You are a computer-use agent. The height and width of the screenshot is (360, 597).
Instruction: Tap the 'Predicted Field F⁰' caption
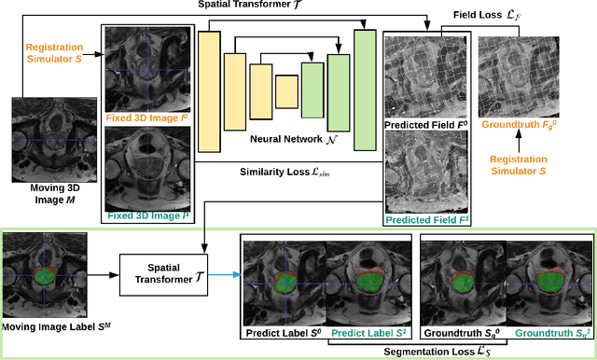[x=425, y=125]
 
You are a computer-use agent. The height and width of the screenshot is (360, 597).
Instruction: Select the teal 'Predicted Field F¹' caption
[x=424, y=220]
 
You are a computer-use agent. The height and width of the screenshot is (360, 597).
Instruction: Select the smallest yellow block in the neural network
[x=286, y=90]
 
